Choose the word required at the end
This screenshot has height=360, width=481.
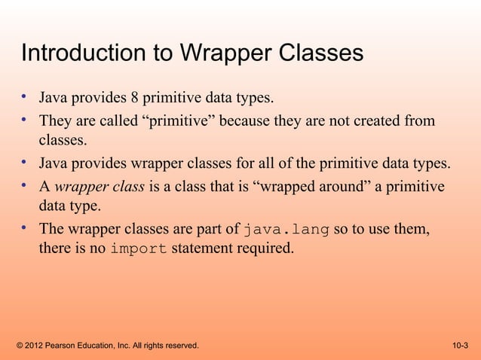261,250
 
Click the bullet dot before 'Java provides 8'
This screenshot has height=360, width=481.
25,97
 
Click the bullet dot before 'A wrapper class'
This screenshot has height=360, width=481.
25,186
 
